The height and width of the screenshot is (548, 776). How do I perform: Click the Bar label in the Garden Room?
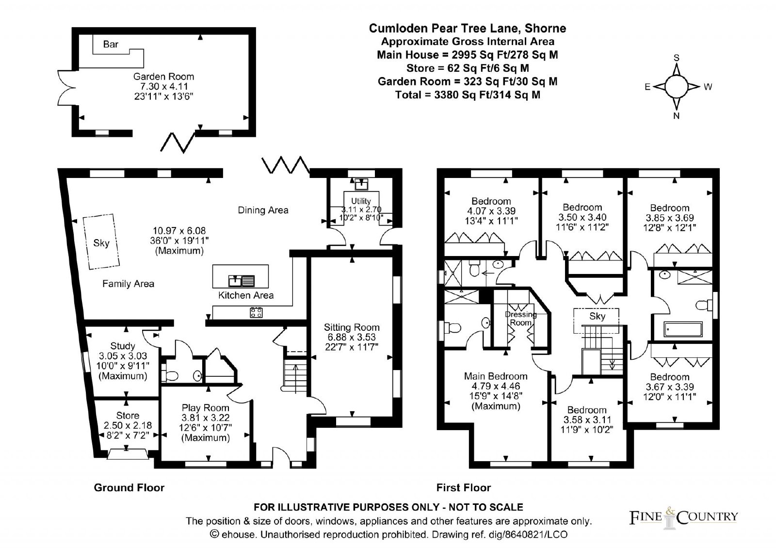pos(111,44)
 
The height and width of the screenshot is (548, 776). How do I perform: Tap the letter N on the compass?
pos(676,116)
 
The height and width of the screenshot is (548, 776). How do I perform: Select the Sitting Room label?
pos(352,327)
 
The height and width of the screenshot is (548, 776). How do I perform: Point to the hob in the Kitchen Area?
pos(256,312)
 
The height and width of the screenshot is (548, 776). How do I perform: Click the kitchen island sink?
pos(242,281)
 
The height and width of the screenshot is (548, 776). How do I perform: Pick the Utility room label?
pos(361,201)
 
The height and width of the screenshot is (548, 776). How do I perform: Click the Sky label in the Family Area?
pos(101,243)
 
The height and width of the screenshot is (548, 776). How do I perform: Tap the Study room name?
pos(123,346)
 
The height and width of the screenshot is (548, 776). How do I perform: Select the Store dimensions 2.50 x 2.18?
pos(128,425)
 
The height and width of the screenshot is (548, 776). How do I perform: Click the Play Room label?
pos(206,408)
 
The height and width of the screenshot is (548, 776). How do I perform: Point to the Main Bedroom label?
pos(496,376)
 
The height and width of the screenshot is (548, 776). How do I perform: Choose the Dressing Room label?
pos(521,318)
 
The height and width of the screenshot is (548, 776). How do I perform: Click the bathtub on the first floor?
pos(683,329)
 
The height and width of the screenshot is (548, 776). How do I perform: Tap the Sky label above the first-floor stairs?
pos(597,316)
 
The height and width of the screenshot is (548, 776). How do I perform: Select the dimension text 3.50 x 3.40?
pos(582,217)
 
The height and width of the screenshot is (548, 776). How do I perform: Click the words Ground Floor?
pos(129,488)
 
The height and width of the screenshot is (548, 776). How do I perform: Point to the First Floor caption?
pos(464,488)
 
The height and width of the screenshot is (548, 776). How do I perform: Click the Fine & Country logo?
pos(683,517)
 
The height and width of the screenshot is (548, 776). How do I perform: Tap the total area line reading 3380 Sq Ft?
pos(468,95)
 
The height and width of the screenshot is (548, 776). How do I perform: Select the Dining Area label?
pos(263,210)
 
